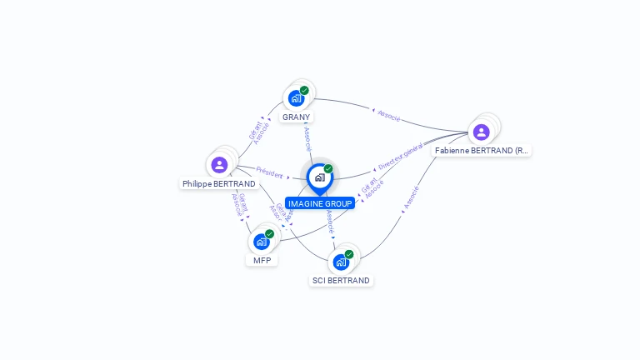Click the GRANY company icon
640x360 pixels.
(x=296, y=98)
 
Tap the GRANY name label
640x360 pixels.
(x=296, y=117)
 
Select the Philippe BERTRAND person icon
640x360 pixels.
(x=219, y=165)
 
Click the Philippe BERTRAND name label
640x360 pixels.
(x=219, y=183)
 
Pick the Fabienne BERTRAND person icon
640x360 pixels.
(x=481, y=132)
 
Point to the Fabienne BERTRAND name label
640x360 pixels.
(x=482, y=151)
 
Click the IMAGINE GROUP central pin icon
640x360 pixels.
(x=319, y=177)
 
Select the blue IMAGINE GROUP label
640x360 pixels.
(x=319, y=203)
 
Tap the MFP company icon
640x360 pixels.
(x=262, y=242)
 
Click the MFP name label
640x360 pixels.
(x=262, y=260)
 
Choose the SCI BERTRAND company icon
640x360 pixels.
(x=341, y=262)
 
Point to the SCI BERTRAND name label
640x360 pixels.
(x=341, y=281)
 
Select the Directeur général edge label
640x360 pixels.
(x=401, y=157)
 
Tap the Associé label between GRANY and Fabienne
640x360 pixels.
(x=389, y=115)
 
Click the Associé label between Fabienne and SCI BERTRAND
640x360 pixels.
(x=411, y=198)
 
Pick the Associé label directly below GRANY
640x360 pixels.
(x=307, y=138)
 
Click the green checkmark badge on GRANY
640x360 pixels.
(x=305, y=90)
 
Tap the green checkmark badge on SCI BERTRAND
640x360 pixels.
(x=349, y=254)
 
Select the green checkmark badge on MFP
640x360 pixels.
(x=270, y=234)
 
